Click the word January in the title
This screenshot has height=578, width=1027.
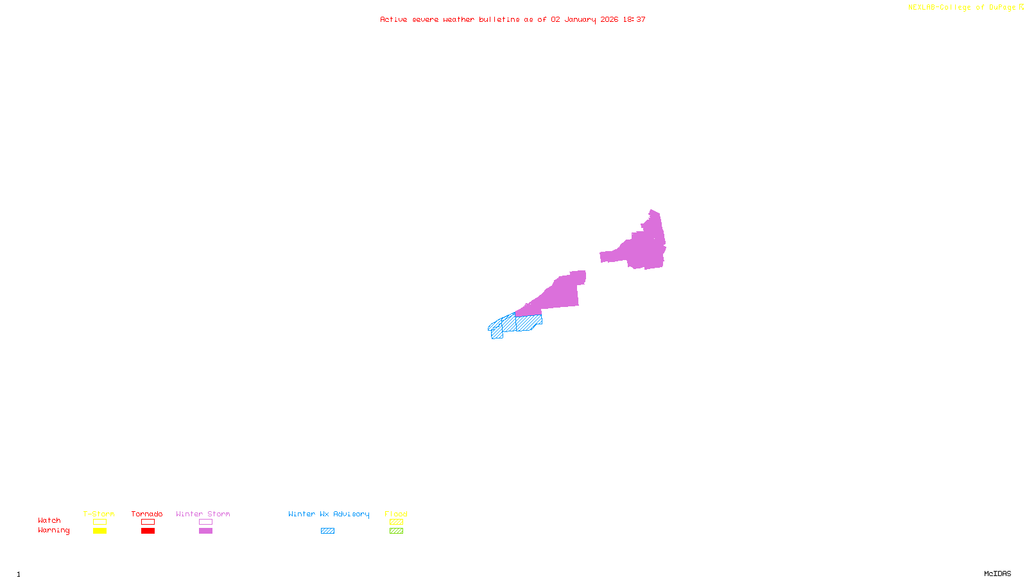580,19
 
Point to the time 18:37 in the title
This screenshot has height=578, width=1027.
634,19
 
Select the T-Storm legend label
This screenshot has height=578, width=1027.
99,514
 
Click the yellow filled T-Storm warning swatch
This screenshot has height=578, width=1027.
99,531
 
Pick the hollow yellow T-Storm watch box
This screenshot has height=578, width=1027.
99,522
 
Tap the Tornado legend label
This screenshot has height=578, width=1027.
147,514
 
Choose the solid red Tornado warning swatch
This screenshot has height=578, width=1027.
148,531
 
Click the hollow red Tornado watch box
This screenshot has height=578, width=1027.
148,522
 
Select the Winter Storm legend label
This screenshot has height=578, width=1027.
203,514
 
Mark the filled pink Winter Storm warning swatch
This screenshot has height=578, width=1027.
205,531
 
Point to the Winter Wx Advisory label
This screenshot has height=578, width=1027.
329,514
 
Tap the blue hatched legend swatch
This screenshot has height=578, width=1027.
327,531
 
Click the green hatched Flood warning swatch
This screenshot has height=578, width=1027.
396,531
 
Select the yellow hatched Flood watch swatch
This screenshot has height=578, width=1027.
396,522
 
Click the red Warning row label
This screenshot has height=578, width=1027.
54,530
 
